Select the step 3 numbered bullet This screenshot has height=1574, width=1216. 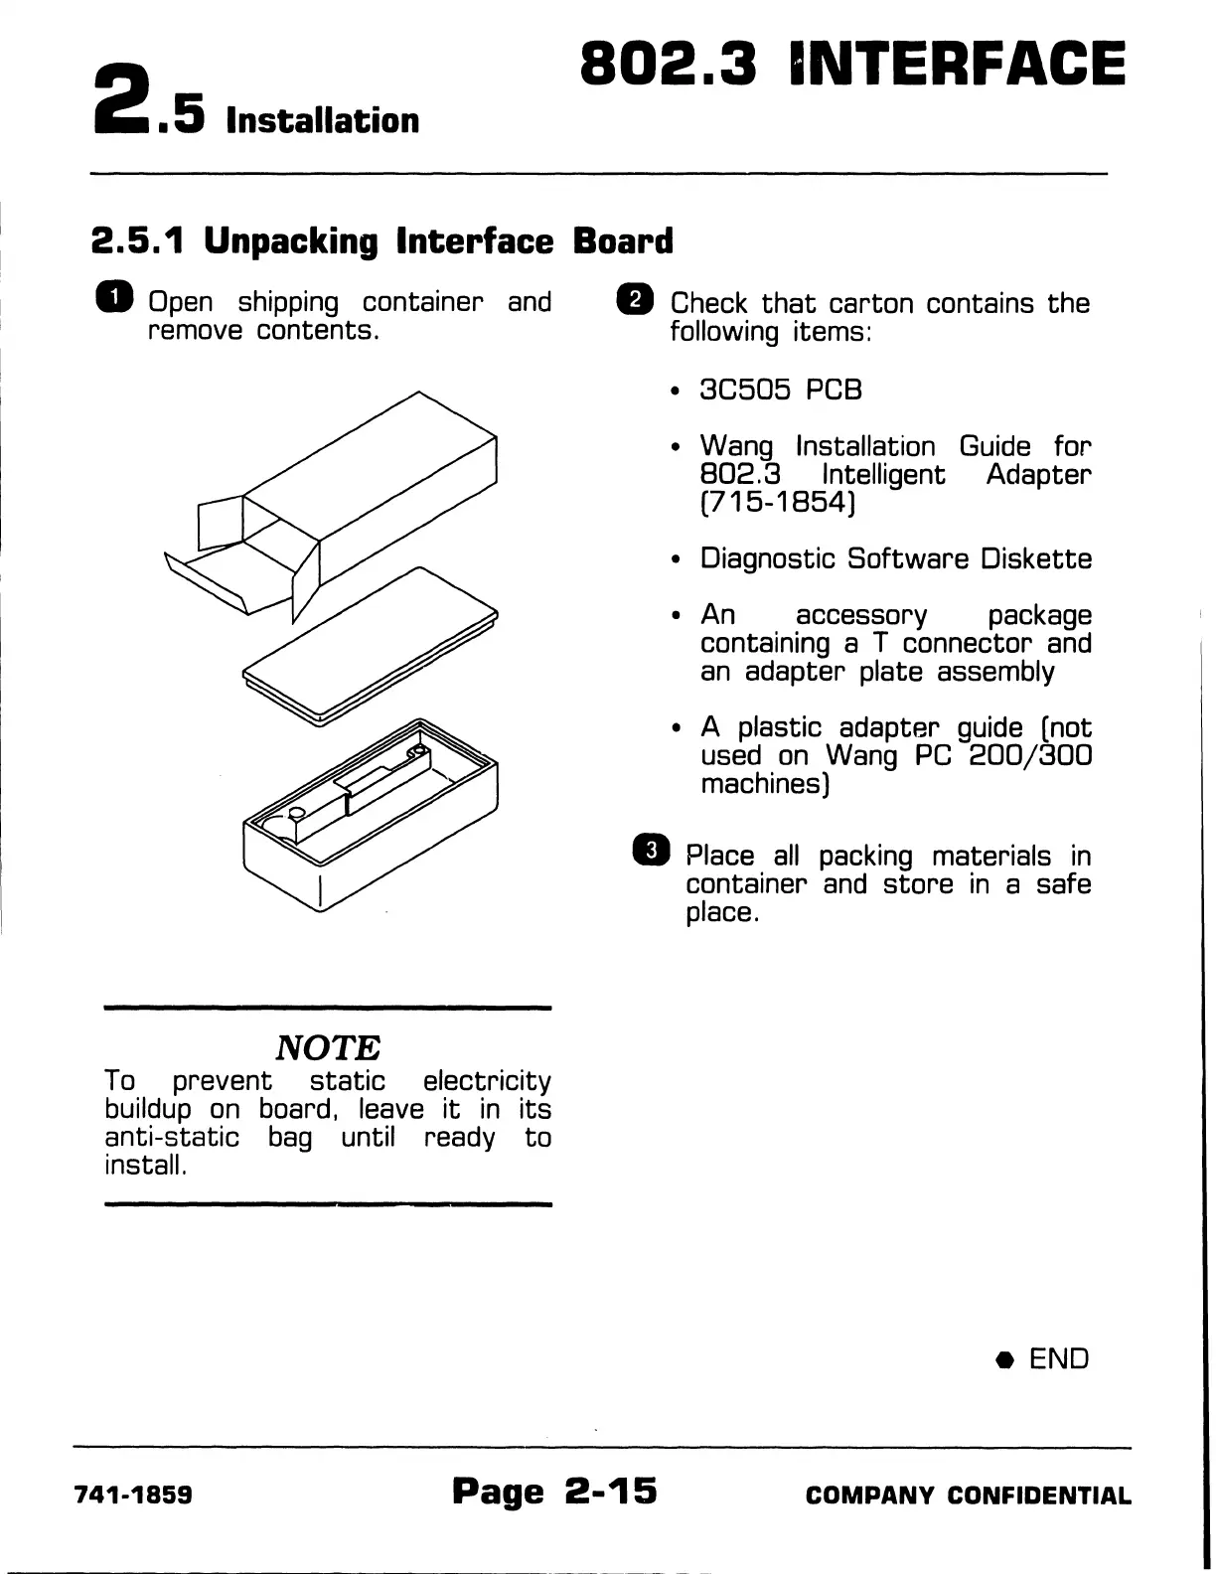(x=652, y=852)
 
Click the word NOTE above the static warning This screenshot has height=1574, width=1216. (x=328, y=1047)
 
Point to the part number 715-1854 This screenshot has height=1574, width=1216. (x=778, y=503)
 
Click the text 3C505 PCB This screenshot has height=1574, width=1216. (x=781, y=390)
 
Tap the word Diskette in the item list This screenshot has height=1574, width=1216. (x=1036, y=558)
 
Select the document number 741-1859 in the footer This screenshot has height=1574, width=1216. (x=133, y=1495)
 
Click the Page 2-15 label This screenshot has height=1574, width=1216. (x=554, y=1491)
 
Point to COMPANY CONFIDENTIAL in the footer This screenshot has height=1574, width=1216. (x=969, y=1495)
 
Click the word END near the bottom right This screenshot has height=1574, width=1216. (x=1059, y=1358)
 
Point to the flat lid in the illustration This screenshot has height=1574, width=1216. (x=370, y=646)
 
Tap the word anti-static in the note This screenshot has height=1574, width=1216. (x=172, y=1137)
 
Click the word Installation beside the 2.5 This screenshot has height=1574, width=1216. (x=323, y=120)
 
